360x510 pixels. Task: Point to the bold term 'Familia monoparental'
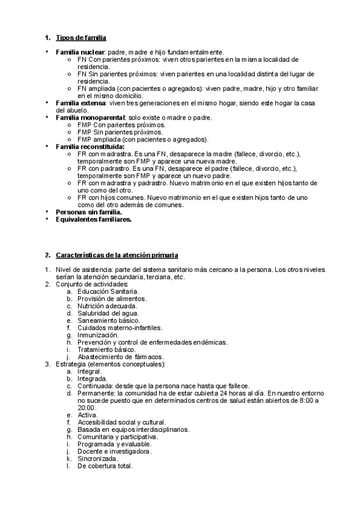[x=90, y=117]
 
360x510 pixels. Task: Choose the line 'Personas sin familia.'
[x=88, y=212]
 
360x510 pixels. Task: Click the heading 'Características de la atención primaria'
[x=117, y=255]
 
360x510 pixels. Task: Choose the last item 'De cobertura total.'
[x=105, y=466]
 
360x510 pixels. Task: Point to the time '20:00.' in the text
[x=87, y=408]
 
